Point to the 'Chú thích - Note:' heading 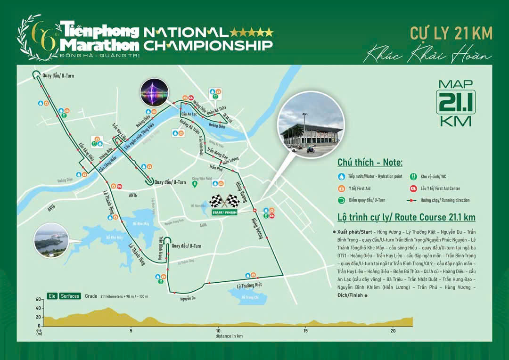[370, 163]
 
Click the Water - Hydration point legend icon [341, 177]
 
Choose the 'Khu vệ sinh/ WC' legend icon [413, 177]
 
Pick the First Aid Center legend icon [413, 188]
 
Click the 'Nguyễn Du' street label [188, 298]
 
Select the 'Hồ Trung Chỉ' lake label [250, 297]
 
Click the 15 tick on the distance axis [305, 330]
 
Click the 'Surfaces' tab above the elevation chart [70, 296]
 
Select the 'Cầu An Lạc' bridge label [188, 115]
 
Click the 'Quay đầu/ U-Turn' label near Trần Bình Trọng [187, 246]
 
